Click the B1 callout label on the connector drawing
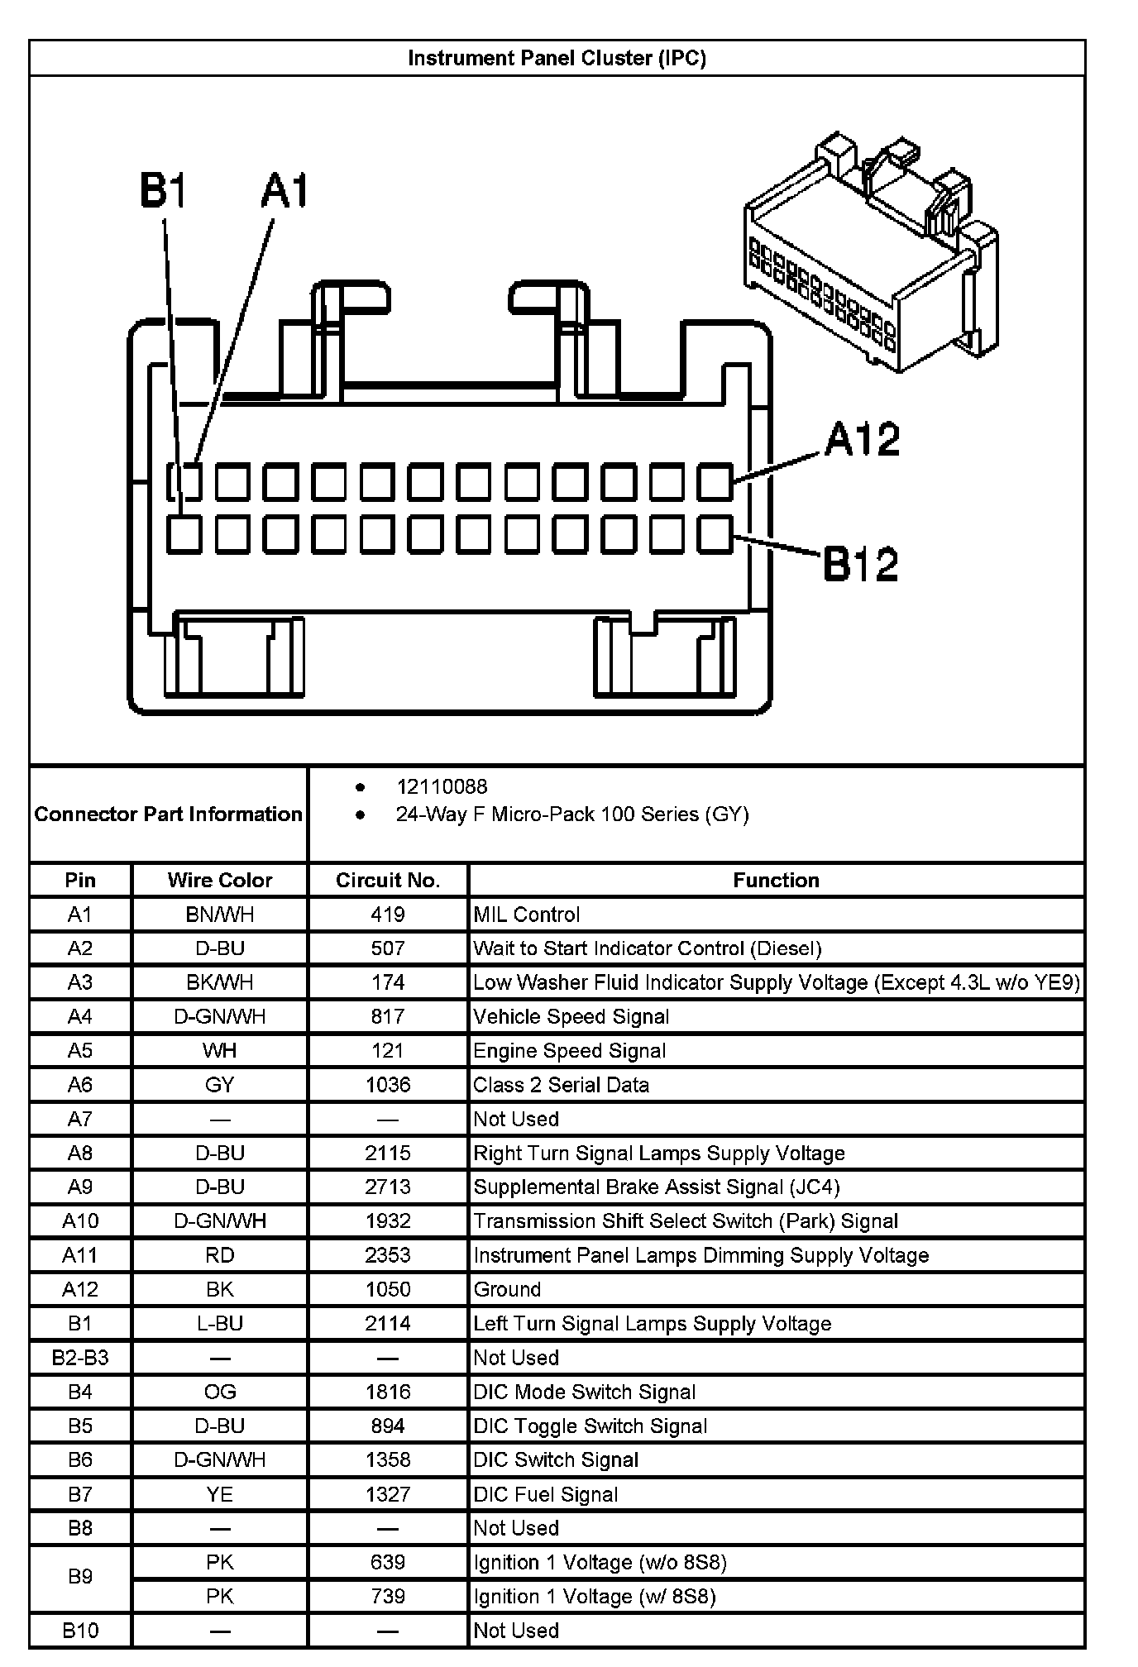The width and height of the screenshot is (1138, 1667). pos(163,190)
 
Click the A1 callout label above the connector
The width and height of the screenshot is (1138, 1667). pos(284,190)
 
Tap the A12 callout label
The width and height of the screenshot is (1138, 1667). pos(862,439)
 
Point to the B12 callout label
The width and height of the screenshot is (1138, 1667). pos(860,565)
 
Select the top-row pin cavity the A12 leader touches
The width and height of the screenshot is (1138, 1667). pos(715,482)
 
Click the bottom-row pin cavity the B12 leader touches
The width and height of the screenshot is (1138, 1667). pos(715,534)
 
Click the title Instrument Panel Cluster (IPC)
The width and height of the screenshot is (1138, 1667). pos(557,58)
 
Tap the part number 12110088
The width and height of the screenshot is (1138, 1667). pos(442,786)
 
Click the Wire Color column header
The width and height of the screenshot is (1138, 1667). pos(219,880)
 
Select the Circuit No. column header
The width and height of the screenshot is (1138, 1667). pos(387,880)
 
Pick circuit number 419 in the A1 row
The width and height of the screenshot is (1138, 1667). pos(387,915)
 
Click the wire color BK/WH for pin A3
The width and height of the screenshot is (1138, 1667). pos(219,982)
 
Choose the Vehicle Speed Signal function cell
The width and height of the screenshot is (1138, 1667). pos(571,1016)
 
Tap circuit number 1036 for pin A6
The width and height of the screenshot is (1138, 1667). pos(387,1085)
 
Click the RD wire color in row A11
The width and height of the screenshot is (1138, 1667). pos(219,1255)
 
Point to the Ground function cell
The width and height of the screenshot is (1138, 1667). pos(507,1289)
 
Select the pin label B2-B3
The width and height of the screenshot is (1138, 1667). pos(79,1358)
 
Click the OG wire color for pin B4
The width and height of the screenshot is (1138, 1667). pos(219,1392)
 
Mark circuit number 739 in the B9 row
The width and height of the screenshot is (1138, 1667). pos(387,1596)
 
